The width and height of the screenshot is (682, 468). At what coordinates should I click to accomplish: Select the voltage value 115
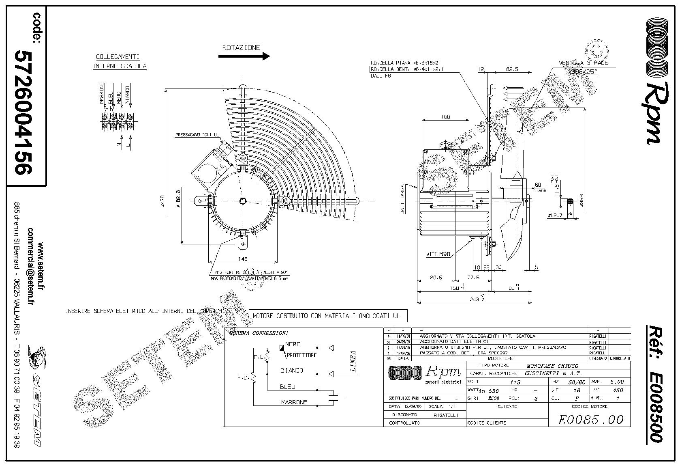click(515, 382)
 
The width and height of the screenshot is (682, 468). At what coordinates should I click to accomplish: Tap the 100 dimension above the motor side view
click(445, 117)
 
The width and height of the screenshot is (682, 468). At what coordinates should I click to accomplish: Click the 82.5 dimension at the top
click(513, 69)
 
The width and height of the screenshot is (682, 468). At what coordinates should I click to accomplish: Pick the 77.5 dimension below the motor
click(473, 278)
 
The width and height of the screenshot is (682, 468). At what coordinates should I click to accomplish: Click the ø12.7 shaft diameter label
click(554, 216)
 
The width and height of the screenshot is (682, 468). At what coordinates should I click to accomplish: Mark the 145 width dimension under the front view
click(243, 258)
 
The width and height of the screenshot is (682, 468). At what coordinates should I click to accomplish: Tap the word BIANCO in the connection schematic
click(292, 371)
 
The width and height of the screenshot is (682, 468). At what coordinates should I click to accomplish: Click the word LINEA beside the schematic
click(353, 361)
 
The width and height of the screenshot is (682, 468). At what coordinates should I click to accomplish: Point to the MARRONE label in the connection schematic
click(294, 402)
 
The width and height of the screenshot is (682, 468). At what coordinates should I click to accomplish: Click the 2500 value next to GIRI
click(493, 398)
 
